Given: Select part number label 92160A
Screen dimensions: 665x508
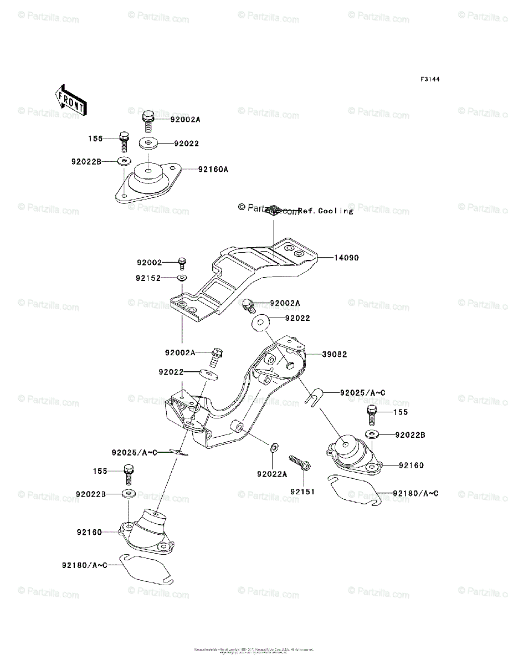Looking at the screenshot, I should tap(213, 170).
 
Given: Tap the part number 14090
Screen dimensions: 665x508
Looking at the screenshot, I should tap(346, 258).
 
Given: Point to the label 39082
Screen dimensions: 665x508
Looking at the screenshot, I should tap(335, 355).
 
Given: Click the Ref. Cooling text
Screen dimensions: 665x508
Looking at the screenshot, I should tap(325, 211).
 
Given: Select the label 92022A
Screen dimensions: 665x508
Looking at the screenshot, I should tap(272, 474).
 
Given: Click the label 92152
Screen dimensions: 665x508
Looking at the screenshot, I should tap(150, 278).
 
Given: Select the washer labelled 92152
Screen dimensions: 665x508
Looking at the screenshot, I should tap(182, 278).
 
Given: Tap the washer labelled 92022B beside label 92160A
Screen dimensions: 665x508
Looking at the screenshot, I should tap(124, 161).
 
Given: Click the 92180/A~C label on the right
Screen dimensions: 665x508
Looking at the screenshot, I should tap(415, 493).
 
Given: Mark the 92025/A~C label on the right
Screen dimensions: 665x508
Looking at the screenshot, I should tap(363, 392).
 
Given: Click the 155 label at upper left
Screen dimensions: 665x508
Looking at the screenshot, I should tap(95, 138).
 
